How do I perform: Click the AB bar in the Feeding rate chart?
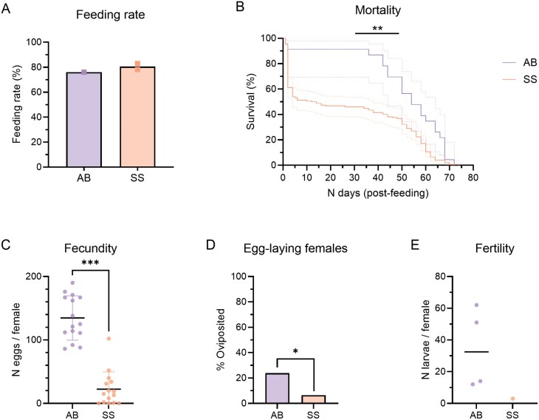pos(83,119)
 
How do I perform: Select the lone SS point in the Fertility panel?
pos(512,399)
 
